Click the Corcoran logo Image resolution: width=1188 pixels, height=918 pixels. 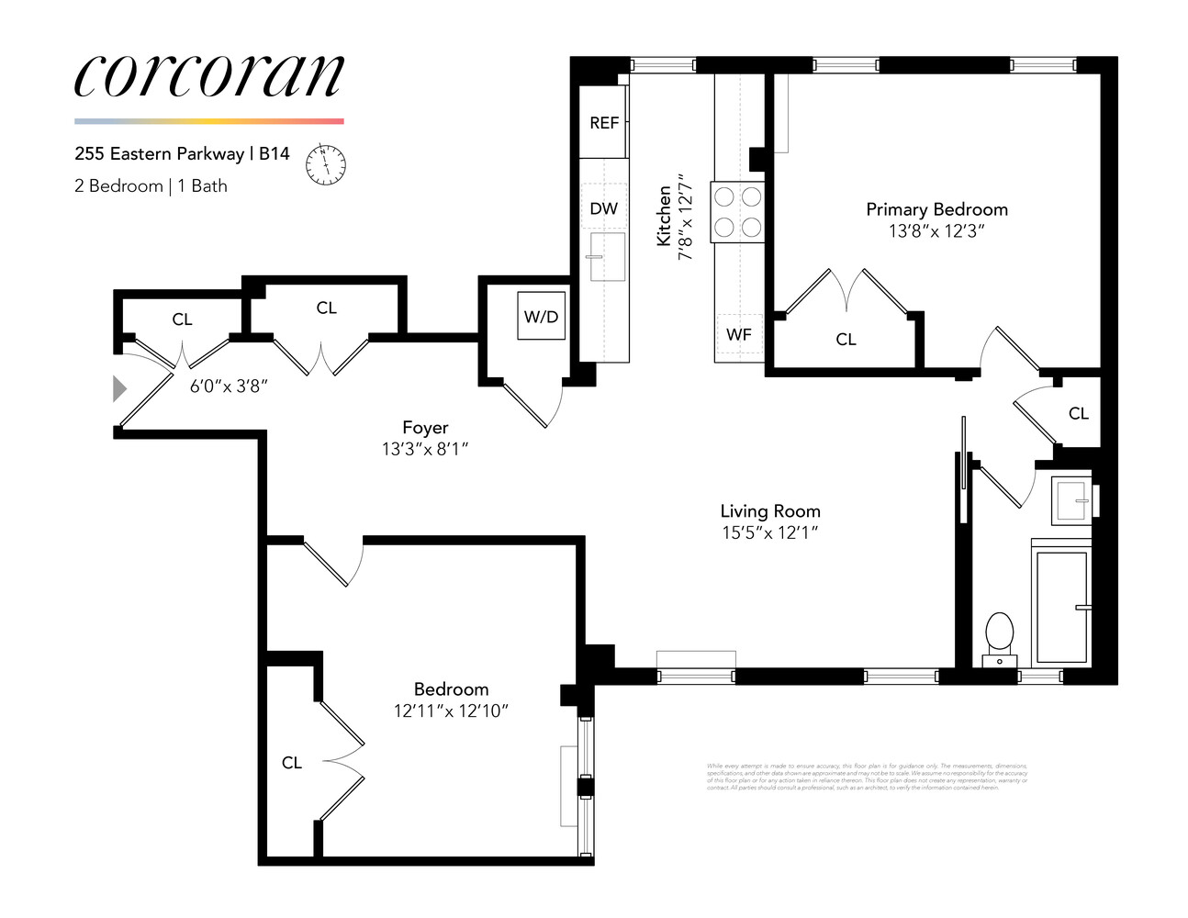point(208,75)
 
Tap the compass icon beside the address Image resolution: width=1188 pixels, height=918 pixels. point(326,163)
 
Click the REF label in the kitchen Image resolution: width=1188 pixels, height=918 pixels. point(604,123)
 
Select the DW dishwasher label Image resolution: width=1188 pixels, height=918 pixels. point(604,209)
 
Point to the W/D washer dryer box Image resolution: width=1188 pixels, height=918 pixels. point(541,317)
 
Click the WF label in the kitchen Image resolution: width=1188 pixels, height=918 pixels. point(739,335)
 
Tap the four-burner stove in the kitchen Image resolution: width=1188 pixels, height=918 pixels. point(738,211)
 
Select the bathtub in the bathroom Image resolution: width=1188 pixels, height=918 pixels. point(1062,606)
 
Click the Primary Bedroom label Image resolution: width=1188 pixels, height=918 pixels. point(936,209)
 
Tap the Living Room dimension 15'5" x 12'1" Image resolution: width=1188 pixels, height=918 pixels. point(769,532)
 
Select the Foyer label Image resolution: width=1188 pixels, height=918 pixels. point(425,428)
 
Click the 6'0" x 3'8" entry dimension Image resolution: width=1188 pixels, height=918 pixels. point(229,386)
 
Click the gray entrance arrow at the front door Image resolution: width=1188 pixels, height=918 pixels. point(118,388)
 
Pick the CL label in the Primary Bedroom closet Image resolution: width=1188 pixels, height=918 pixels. point(846,340)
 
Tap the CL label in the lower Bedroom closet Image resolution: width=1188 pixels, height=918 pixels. point(292,763)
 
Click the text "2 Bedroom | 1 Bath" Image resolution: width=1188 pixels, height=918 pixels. point(151,186)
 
